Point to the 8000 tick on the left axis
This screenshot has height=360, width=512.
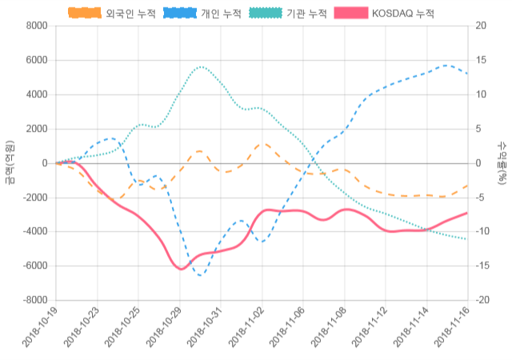36,26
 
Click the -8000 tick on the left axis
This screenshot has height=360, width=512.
34,300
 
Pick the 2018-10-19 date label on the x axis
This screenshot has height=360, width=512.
40,330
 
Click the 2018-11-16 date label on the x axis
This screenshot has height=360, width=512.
451,330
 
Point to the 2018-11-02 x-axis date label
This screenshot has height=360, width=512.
246,330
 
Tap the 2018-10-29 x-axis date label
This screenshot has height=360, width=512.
163,330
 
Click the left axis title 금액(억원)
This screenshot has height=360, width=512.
9,163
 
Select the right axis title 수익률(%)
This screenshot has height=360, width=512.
502,163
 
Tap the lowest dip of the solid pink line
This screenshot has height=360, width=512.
180,269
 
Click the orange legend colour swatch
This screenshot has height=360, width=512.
84,14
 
